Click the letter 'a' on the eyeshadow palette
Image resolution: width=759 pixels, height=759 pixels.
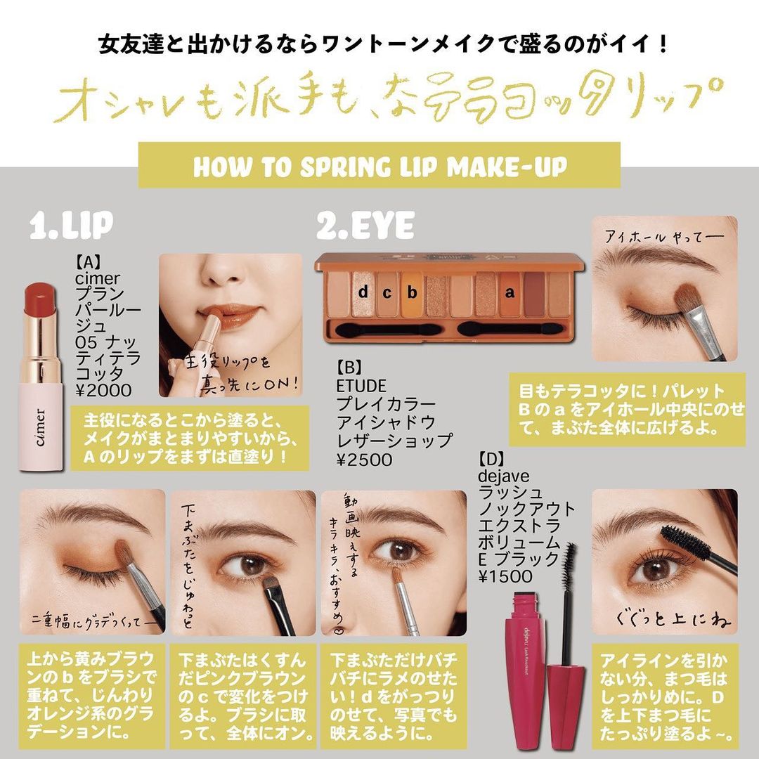tap(510, 293)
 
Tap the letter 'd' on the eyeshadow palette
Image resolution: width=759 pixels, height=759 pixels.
tap(363, 291)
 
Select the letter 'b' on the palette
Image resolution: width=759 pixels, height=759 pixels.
tap(412, 292)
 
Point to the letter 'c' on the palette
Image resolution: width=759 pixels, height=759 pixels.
tap(387, 293)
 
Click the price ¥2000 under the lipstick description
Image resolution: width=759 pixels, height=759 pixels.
tap(103, 390)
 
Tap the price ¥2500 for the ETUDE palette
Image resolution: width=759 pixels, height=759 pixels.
tap(365, 460)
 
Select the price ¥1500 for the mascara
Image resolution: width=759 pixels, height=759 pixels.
tap(505, 576)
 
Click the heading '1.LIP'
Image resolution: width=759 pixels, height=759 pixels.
tap(71, 225)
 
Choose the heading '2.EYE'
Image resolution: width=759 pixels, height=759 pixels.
tap(365, 225)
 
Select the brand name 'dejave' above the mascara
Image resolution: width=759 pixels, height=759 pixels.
tap(503, 476)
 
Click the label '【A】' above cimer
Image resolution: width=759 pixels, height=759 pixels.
tap(88, 262)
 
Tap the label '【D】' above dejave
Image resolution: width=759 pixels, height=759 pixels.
tap(491, 458)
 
